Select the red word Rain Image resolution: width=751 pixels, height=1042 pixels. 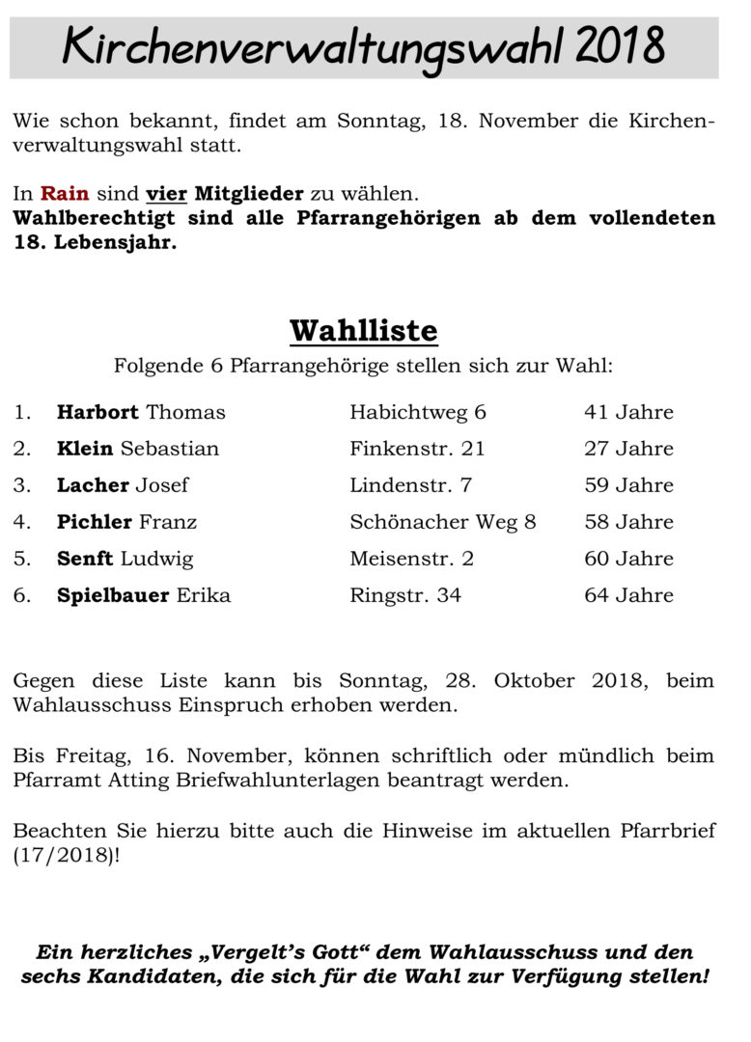click(65, 193)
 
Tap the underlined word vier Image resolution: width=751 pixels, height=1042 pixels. click(166, 193)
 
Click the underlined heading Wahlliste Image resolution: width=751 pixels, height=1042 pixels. click(363, 331)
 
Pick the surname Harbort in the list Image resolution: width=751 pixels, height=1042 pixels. click(97, 413)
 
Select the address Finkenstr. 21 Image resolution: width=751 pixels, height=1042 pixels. click(417, 450)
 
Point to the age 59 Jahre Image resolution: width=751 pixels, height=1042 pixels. click(628, 485)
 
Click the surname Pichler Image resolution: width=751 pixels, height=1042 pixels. click(95, 522)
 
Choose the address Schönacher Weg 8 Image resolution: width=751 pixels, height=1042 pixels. click(442, 522)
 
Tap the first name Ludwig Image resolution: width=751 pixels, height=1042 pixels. click(156, 559)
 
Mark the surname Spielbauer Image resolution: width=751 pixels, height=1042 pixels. click(113, 595)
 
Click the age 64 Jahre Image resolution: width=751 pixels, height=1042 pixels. click(628, 595)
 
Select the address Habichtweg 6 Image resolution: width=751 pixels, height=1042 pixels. click(418, 413)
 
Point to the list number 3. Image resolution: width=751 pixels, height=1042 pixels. click(21, 485)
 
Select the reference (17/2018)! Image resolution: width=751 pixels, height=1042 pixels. click(67, 856)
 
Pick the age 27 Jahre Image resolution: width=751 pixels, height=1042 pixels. click(628, 450)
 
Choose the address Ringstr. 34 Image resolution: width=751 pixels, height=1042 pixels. click(405, 595)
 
